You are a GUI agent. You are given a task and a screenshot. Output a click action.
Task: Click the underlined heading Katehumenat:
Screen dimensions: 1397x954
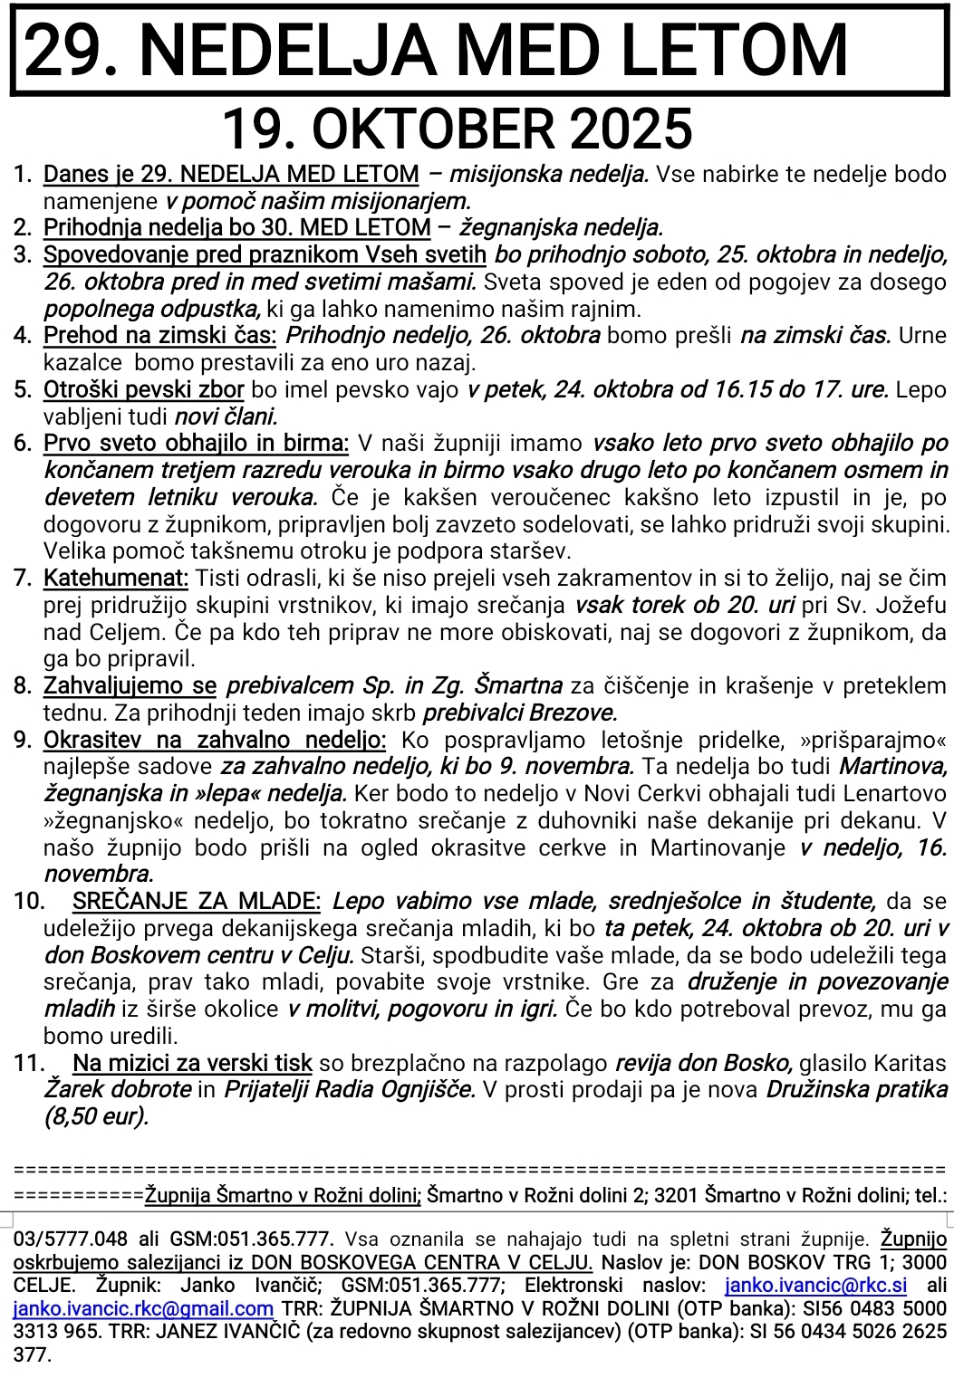click(116, 579)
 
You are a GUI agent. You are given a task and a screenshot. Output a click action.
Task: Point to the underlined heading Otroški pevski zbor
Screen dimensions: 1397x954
click(143, 390)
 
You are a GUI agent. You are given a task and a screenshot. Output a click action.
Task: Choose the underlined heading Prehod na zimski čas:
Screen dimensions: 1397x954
click(159, 336)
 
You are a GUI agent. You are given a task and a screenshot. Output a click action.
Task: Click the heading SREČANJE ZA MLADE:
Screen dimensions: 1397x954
click(197, 902)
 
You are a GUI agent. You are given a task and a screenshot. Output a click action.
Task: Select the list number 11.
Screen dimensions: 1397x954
click(30, 1064)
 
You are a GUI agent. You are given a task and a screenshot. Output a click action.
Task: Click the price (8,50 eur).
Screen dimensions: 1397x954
click(96, 1117)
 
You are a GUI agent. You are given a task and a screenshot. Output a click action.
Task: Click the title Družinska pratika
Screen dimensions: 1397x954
click(857, 1090)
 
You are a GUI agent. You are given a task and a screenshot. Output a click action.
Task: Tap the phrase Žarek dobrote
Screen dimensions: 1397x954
click(118, 1090)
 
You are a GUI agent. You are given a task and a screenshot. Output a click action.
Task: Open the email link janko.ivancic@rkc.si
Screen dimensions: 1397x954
click(815, 1286)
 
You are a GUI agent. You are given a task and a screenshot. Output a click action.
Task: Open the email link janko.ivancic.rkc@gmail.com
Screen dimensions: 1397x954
click(143, 1309)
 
